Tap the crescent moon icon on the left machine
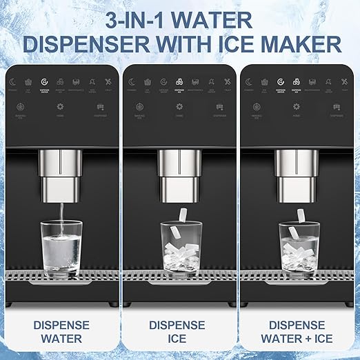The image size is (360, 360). pos(15,82)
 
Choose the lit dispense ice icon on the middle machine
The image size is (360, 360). pos(179,82)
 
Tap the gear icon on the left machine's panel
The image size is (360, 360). pos(60,107)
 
